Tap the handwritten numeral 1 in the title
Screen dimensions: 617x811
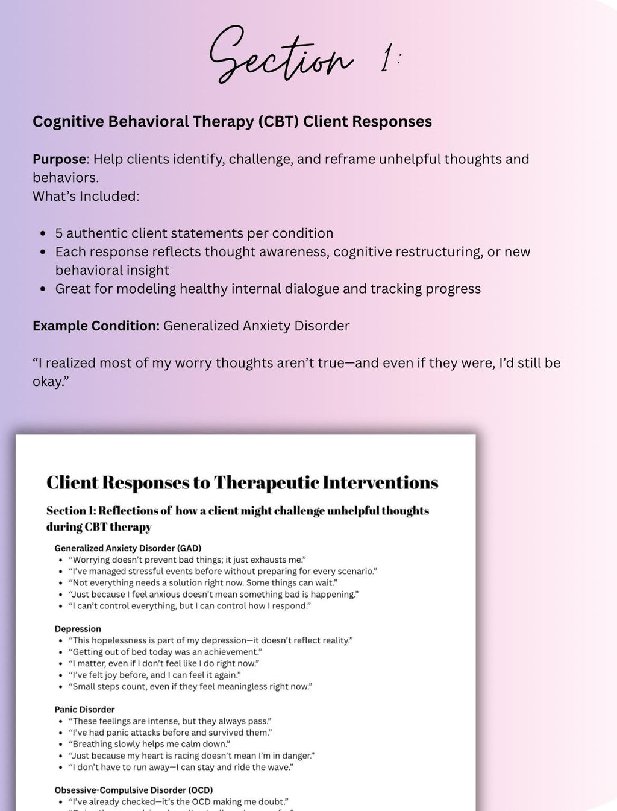click(386, 61)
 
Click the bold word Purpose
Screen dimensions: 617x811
click(60, 159)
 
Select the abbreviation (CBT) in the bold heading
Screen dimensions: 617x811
click(278, 122)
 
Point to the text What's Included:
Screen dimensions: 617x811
click(86, 196)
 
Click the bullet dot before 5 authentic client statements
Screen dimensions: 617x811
click(42, 233)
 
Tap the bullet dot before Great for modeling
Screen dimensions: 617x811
click(42, 289)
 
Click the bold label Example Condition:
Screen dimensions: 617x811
click(96, 326)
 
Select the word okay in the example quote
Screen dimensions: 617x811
click(49, 382)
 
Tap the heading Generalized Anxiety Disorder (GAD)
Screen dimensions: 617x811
click(128, 548)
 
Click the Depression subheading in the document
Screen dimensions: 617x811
click(78, 629)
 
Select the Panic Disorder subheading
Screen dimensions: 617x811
click(84, 710)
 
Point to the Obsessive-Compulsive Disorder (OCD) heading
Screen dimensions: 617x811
click(133, 790)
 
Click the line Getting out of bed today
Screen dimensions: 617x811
click(165, 652)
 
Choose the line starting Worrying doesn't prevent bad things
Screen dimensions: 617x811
click(187, 560)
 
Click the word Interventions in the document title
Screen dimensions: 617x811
click(380, 483)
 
